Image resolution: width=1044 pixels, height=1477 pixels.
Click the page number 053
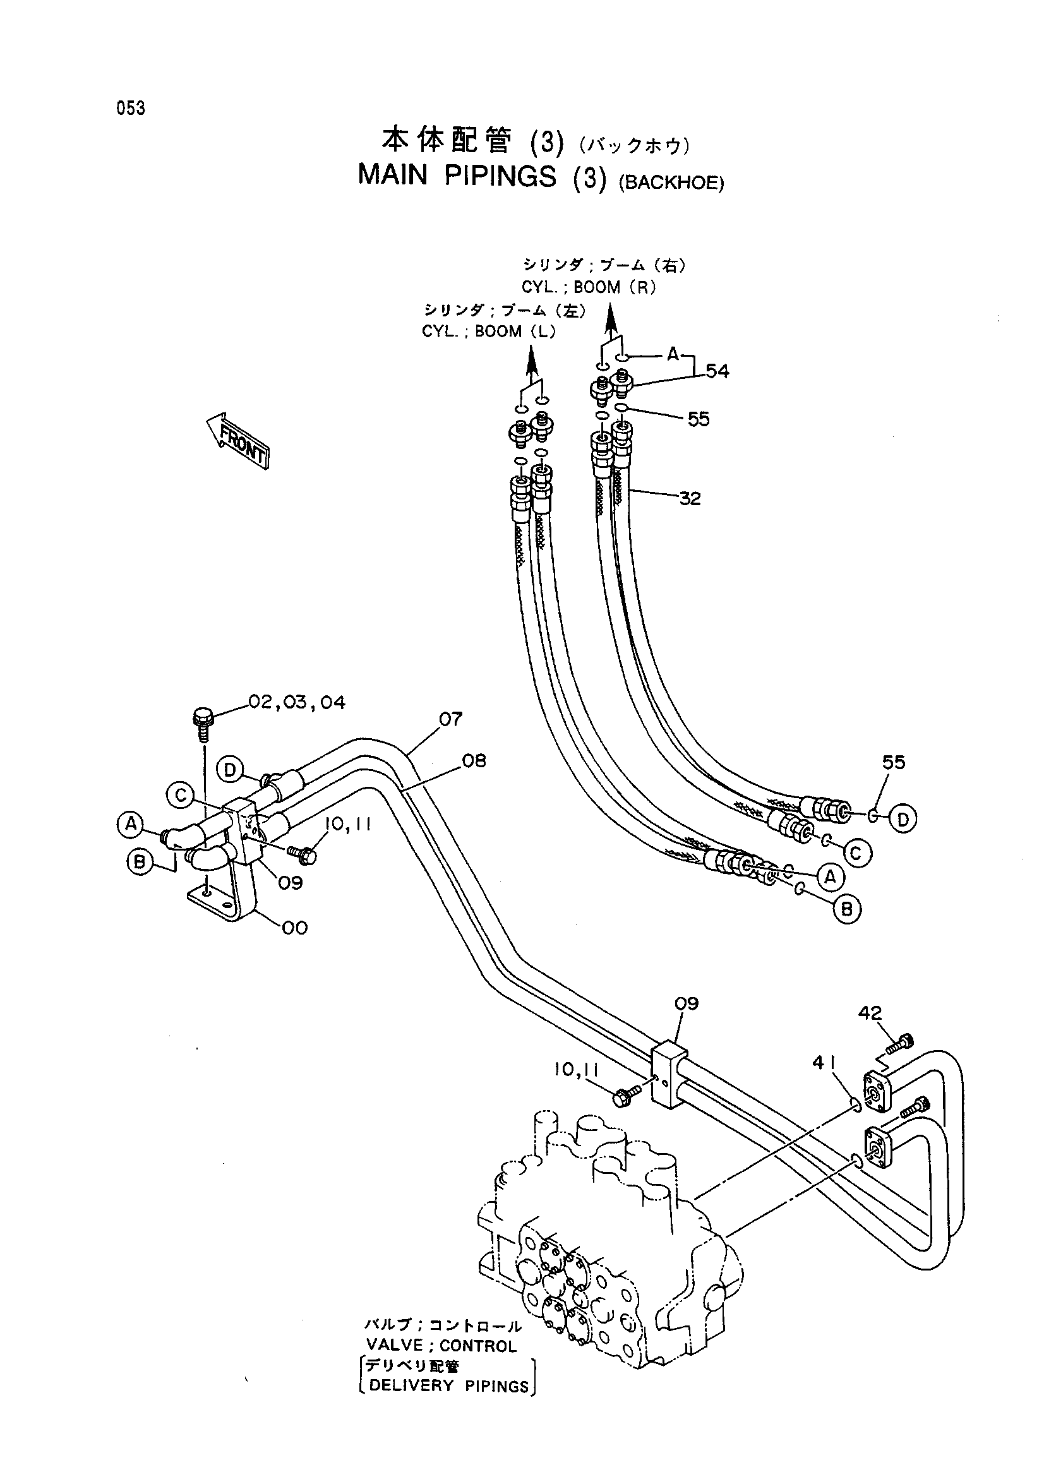[131, 108]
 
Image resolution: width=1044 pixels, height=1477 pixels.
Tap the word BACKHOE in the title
[671, 182]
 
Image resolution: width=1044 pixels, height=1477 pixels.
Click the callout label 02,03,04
[297, 701]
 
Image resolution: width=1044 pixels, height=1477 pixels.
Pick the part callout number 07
[451, 718]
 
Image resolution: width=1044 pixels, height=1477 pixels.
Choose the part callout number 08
[474, 761]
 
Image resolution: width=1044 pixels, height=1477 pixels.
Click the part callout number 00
[295, 927]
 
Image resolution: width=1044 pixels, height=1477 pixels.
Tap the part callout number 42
[870, 1012]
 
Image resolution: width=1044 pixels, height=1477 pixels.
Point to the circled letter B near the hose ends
[847, 909]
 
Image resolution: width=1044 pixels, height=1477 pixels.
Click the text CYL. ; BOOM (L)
[489, 332]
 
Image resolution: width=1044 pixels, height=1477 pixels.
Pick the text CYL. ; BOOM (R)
[589, 287]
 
